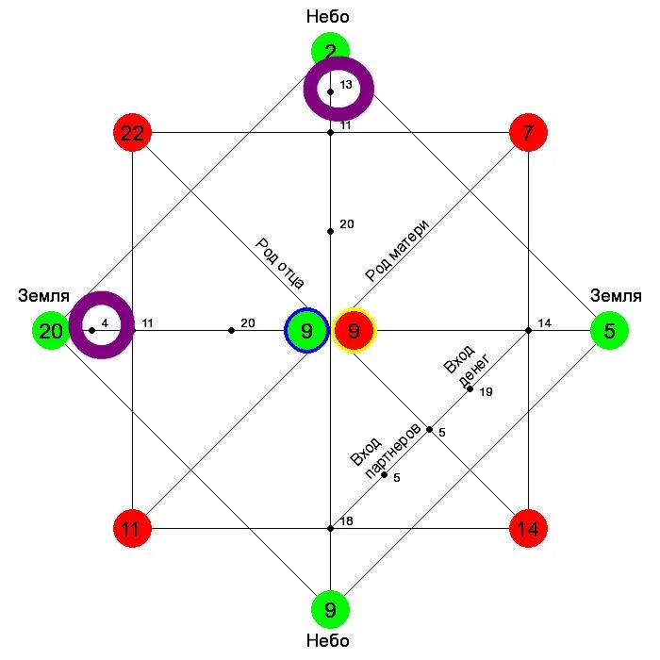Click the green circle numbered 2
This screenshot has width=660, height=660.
(x=330, y=50)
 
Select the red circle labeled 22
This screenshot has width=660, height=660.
(x=132, y=133)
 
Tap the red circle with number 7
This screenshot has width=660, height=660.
(x=528, y=133)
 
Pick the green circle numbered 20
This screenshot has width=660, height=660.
(x=51, y=331)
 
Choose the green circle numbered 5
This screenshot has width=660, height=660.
(x=609, y=331)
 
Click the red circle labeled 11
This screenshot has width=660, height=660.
(x=132, y=529)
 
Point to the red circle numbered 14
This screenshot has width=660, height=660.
(x=528, y=529)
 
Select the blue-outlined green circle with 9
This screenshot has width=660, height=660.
(x=306, y=331)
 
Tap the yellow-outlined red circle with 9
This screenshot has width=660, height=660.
(x=354, y=331)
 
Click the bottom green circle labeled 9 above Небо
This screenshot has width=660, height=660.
(x=330, y=610)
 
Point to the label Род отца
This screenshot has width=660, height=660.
(x=279, y=262)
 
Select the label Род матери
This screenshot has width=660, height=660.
(x=398, y=251)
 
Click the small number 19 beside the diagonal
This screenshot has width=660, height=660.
(x=487, y=392)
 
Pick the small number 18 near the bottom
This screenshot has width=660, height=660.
(x=346, y=521)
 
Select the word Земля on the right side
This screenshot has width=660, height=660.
(x=616, y=296)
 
